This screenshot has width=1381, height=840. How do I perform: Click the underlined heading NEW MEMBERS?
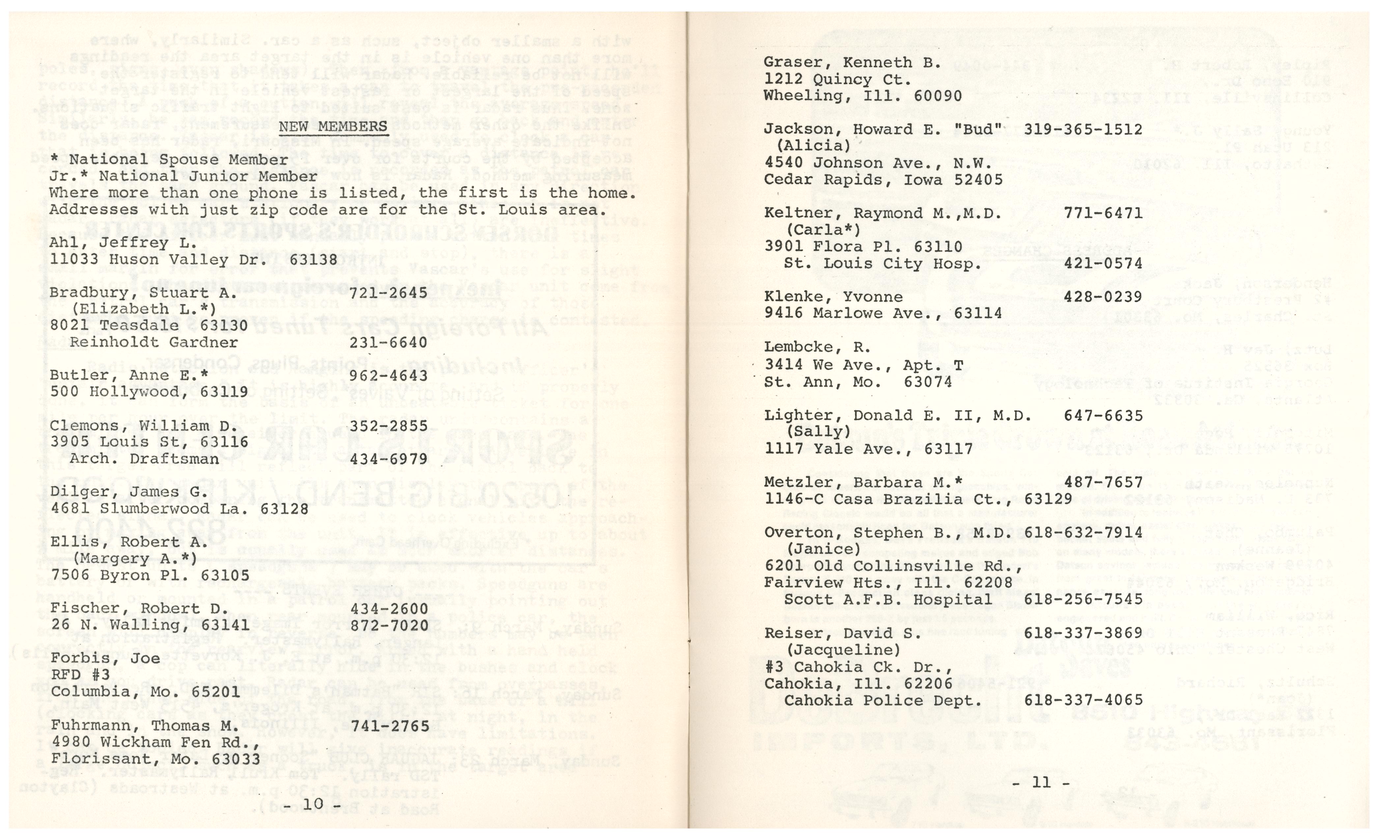333,126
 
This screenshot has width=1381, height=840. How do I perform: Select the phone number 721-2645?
388,293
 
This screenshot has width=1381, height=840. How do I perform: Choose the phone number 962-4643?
388,376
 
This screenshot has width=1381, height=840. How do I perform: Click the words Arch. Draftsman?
144,459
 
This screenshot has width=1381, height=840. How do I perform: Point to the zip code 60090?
938,96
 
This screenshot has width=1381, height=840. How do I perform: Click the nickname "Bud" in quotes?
982,129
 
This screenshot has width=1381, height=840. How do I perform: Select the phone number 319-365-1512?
1083,129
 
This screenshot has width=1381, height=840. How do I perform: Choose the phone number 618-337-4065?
1083,700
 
